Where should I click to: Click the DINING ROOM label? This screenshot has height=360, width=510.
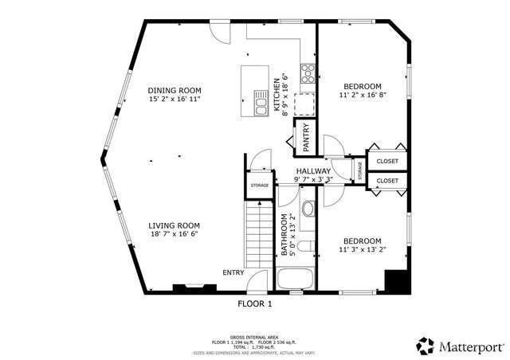[x=174, y=90]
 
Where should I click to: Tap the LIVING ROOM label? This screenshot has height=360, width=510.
[x=174, y=225]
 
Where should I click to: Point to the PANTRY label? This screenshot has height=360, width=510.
[x=305, y=138]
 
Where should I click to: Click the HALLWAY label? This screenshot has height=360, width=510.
[x=313, y=171]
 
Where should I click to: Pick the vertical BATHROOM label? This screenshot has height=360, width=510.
[x=283, y=234]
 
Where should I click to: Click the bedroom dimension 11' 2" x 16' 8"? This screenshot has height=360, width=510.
[x=363, y=96]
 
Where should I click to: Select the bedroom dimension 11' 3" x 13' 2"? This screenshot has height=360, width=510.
[x=362, y=250]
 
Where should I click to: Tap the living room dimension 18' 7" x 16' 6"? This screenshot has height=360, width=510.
[x=174, y=235]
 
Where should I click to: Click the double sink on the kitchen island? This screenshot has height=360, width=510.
[x=261, y=102]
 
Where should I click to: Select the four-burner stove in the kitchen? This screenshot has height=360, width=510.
[x=307, y=73]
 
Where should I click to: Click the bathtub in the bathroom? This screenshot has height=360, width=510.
[x=296, y=280]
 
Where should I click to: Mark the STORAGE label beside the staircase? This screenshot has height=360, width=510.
[x=260, y=186]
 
